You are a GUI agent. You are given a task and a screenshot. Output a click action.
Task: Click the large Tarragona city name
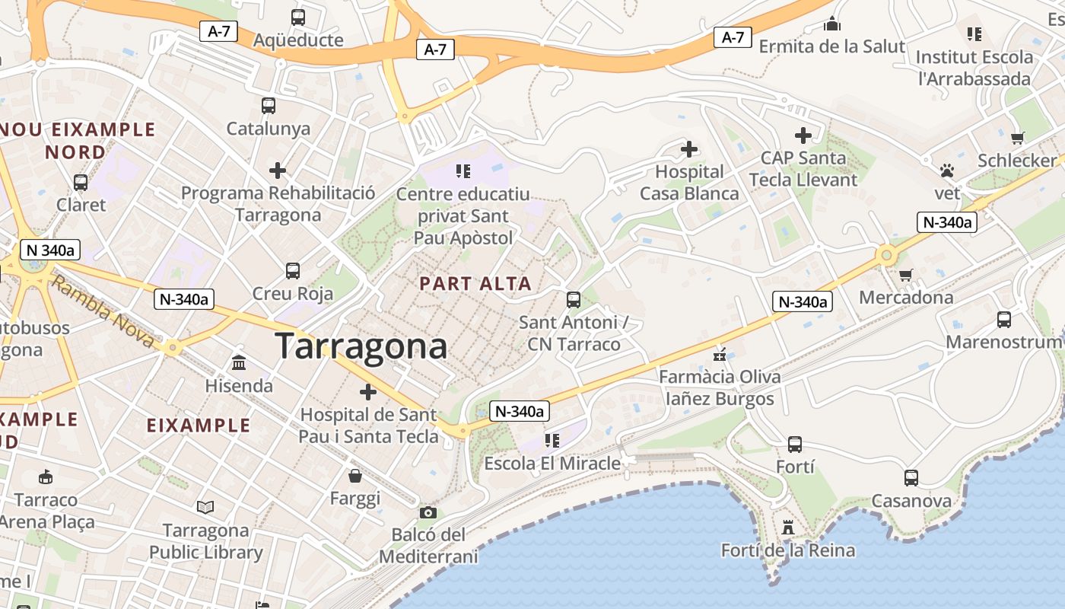361,346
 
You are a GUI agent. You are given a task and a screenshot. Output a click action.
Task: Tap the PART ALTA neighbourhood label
475,284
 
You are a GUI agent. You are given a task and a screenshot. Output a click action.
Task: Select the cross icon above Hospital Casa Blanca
689,149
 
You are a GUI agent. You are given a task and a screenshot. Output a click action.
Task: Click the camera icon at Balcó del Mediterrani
428,513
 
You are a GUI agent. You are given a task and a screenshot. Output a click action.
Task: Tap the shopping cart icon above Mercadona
905,275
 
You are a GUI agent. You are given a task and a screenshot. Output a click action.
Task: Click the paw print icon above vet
947,171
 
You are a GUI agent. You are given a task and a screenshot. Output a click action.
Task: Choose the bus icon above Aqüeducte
298,18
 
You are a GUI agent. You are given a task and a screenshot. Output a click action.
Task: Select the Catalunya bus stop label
269,128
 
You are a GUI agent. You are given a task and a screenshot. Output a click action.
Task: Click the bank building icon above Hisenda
239,363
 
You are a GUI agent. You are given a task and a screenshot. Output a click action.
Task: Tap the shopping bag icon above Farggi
355,477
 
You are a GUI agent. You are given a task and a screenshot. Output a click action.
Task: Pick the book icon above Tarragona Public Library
205,507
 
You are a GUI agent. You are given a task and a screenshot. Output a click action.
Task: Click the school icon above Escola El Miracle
552,440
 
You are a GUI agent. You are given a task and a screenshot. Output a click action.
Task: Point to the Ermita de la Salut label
832,46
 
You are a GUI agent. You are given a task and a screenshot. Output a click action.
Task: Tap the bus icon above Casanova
911,478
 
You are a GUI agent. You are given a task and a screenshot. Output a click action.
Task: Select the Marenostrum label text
1003,342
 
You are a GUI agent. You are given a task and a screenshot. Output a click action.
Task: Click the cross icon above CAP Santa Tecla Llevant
803,136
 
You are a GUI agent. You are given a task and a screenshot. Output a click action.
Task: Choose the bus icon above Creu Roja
293,270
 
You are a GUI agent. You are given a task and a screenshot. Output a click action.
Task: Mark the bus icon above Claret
81,183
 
